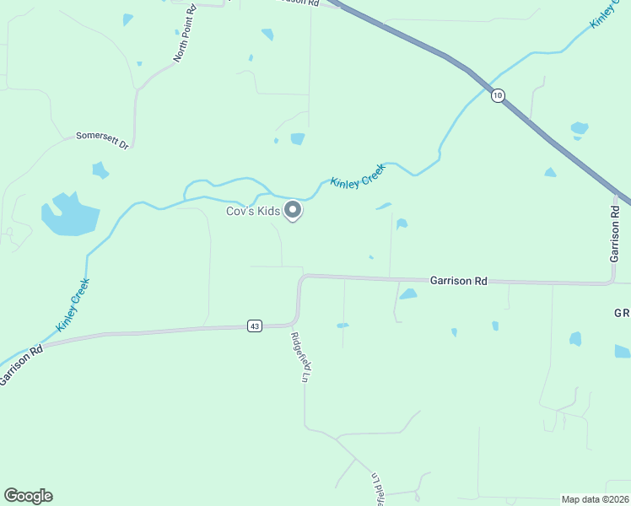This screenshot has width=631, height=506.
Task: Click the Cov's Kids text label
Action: (x=253, y=211)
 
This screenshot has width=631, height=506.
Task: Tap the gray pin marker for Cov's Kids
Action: (x=293, y=210)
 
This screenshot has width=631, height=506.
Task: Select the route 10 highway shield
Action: (x=498, y=95)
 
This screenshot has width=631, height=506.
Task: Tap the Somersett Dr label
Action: (x=102, y=139)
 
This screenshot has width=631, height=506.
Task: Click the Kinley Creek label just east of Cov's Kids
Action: (x=358, y=176)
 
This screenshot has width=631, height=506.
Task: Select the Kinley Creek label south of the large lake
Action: (x=73, y=304)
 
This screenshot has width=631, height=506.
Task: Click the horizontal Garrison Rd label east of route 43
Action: (x=458, y=281)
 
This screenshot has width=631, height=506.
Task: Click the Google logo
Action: (x=28, y=496)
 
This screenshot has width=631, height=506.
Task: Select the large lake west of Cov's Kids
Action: (x=69, y=215)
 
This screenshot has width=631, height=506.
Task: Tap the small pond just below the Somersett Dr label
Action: (x=100, y=170)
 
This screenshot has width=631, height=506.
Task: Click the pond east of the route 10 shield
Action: (x=579, y=128)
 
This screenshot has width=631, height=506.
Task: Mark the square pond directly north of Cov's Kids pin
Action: (x=297, y=138)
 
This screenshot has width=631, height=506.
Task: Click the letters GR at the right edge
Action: (x=622, y=313)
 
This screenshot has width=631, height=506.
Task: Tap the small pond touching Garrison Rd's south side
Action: (x=408, y=294)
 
